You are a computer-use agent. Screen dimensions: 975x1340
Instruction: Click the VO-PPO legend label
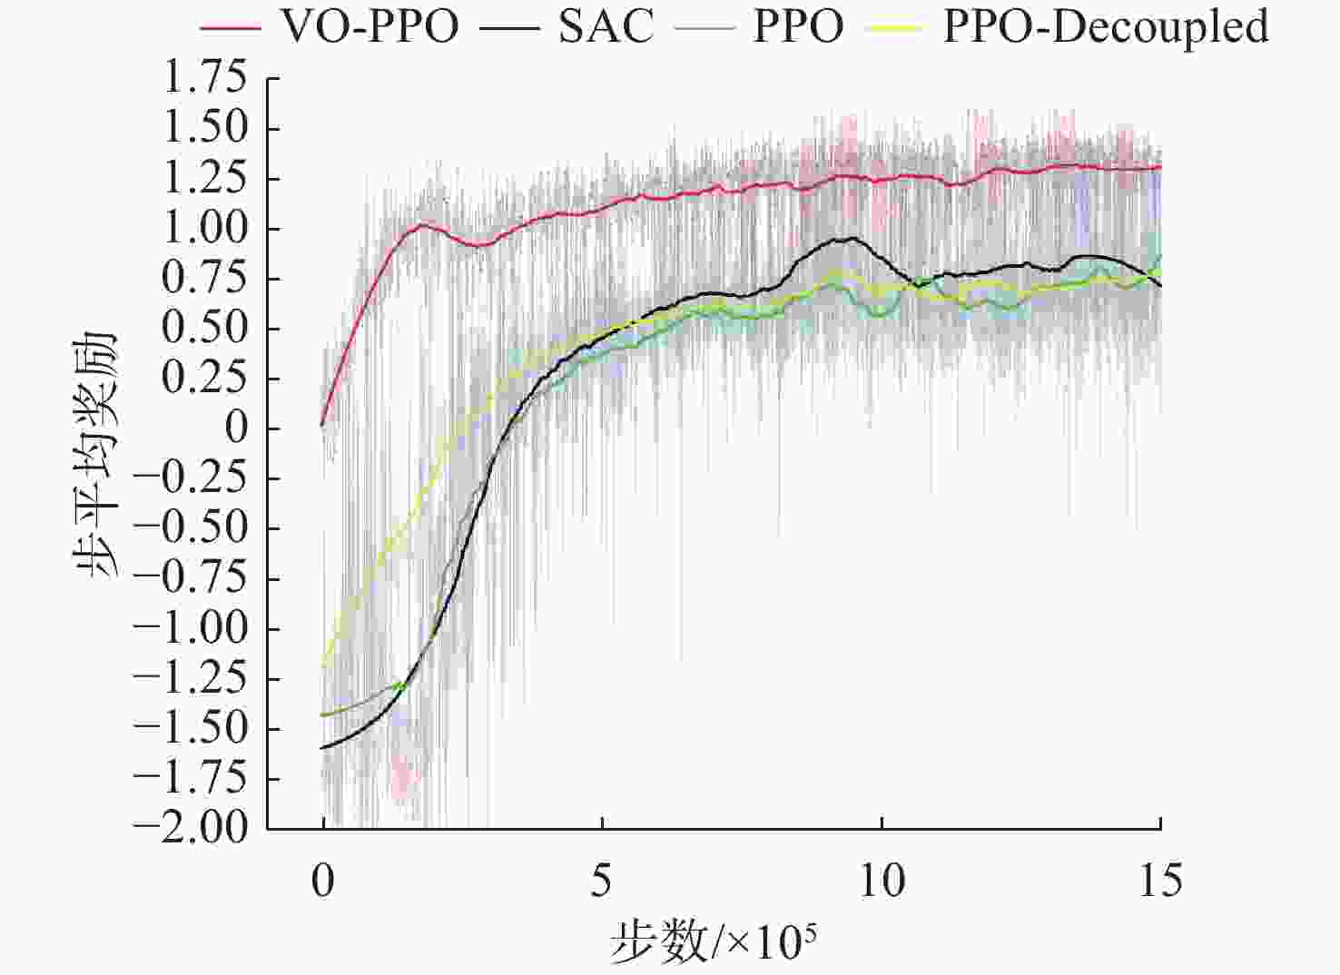click(x=369, y=27)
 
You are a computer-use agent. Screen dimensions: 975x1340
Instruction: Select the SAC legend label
click(x=606, y=27)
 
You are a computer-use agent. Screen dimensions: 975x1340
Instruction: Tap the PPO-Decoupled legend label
click(x=1106, y=27)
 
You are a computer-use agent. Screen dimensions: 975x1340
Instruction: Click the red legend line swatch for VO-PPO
click(x=232, y=28)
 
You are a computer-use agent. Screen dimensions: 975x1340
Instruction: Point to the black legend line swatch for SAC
click(x=510, y=28)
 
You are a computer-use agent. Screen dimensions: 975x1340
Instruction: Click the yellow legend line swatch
click(x=895, y=28)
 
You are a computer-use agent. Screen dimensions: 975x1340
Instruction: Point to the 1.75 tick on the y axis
click(x=204, y=78)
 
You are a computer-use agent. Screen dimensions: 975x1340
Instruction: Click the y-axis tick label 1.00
click(x=204, y=228)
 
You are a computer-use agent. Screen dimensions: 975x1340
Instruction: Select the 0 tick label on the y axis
click(x=236, y=428)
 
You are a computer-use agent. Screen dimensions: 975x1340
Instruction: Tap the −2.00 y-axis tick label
click(x=190, y=827)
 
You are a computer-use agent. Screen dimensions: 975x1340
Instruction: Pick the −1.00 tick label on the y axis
click(x=190, y=627)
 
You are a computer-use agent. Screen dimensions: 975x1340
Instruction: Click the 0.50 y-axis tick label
click(x=204, y=328)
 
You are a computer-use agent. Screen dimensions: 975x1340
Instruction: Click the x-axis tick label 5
click(x=601, y=880)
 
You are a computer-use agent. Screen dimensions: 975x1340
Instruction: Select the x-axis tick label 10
click(x=881, y=880)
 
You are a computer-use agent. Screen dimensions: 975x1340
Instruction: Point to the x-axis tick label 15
click(x=1160, y=880)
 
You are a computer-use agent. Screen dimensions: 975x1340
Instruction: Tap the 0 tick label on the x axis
click(x=323, y=880)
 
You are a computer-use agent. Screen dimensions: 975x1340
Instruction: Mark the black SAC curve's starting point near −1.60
click(x=323, y=747)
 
